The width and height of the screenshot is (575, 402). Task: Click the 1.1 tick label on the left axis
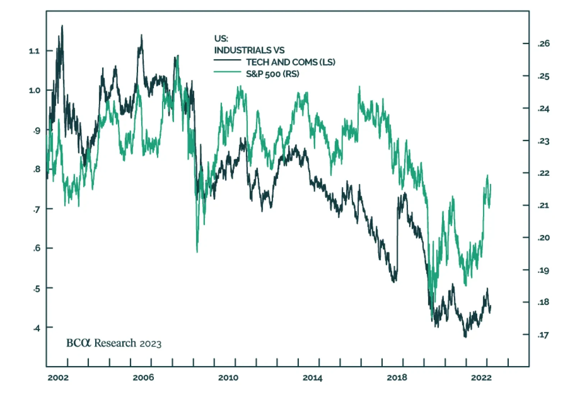click(x=34, y=51)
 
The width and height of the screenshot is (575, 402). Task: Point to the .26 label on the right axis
click(x=543, y=43)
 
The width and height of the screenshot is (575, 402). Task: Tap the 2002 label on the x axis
click(x=58, y=378)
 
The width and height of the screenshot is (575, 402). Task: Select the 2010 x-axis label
click(x=228, y=378)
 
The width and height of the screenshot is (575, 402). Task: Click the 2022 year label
click(x=481, y=378)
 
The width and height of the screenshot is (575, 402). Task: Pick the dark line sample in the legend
click(x=227, y=60)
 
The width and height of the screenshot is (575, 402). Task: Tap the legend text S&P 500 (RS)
click(x=272, y=74)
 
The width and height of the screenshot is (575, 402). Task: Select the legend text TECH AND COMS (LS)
click(x=290, y=62)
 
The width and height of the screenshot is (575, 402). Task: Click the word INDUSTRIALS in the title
click(x=243, y=50)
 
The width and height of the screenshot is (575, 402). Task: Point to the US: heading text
click(x=221, y=38)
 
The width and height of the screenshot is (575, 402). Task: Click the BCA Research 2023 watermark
click(x=114, y=343)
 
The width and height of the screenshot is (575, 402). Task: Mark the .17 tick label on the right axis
click(x=543, y=335)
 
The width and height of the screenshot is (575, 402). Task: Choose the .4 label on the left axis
click(x=36, y=328)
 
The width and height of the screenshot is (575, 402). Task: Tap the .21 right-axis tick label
click(x=543, y=205)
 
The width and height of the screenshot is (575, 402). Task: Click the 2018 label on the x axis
click(x=397, y=378)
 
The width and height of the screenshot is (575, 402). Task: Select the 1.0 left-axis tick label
click(x=34, y=90)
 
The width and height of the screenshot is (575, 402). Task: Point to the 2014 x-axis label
click(x=312, y=378)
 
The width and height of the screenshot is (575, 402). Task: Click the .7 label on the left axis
click(x=36, y=209)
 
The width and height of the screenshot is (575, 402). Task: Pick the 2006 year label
click(x=143, y=378)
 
